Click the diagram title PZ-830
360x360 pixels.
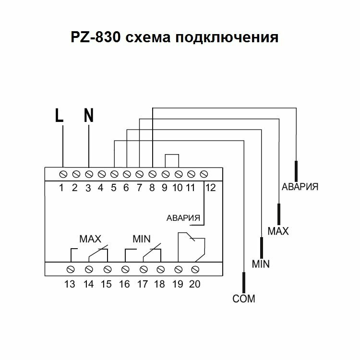point(96,38)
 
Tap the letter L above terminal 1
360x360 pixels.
point(59,115)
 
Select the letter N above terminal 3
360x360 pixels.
point(88,115)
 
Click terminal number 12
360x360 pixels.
point(210,188)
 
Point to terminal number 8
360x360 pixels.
point(152,188)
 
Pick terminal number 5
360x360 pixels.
point(114,188)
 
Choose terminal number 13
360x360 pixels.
point(70,284)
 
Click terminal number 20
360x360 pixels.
point(194,284)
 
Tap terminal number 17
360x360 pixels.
point(142,284)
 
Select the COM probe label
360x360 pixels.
point(244,299)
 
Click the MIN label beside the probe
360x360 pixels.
point(261,264)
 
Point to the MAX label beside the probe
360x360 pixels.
point(278,231)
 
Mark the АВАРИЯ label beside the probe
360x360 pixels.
point(300,186)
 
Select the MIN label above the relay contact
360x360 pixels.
point(142,239)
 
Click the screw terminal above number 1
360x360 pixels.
point(63,172)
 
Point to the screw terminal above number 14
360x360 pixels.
point(88,268)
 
